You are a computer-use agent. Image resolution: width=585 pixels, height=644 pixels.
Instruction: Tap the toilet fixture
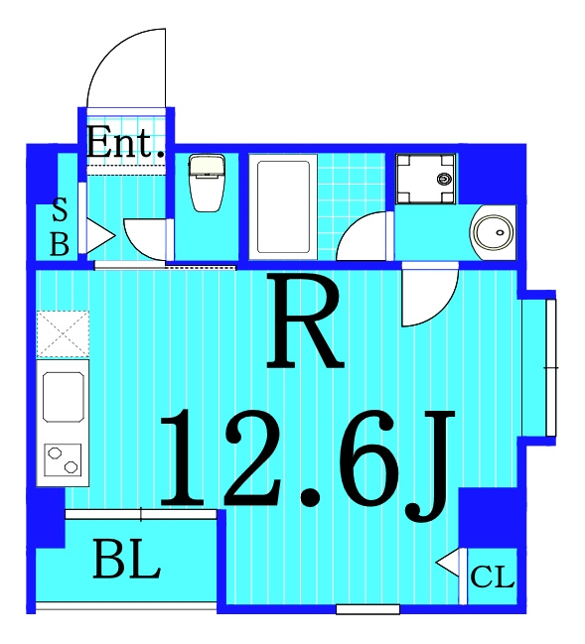[x=206, y=183]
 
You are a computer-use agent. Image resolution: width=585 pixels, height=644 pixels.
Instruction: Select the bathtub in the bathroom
[x=283, y=207]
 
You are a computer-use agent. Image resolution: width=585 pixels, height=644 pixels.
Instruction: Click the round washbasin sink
[x=493, y=232]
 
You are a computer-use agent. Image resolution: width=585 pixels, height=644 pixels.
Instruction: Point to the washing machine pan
[x=426, y=179]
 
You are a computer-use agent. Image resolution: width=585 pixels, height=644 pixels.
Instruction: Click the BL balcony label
[x=126, y=560]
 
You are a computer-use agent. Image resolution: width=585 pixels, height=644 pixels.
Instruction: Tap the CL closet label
[x=492, y=578]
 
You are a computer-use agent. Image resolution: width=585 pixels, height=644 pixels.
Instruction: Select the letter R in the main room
[x=305, y=321]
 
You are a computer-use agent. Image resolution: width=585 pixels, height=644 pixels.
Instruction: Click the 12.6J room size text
[x=307, y=464]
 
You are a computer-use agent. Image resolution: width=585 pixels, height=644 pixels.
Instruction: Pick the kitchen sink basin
[x=64, y=397]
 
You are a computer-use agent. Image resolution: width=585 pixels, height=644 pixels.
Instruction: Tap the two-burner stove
[x=63, y=460]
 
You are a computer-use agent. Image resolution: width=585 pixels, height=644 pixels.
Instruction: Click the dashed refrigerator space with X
[x=63, y=333]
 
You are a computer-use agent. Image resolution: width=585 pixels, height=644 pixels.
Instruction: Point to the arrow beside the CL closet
[x=448, y=562]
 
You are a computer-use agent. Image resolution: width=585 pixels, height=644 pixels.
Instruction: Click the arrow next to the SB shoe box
[x=100, y=236]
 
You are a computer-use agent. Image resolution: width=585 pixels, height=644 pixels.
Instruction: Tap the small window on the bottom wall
[x=367, y=609]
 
